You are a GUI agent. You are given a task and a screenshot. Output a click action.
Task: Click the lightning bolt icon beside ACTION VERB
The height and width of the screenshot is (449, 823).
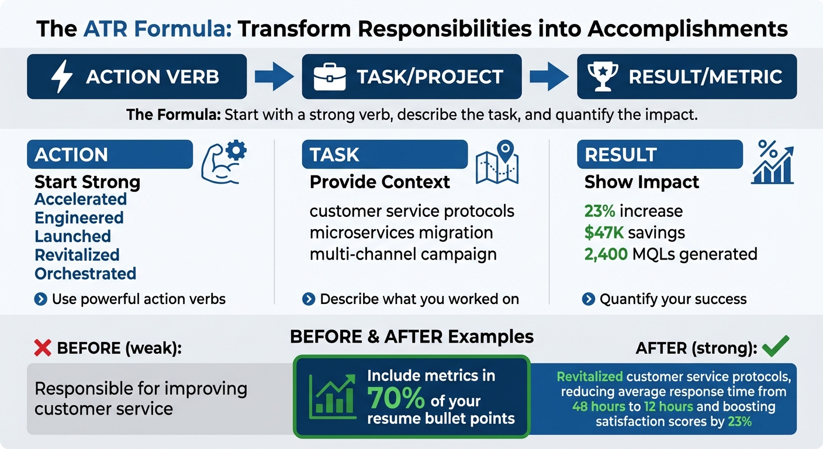tap(61, 77)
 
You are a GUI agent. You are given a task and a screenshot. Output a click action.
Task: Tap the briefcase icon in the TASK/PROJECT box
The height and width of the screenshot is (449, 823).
tap(330, 77)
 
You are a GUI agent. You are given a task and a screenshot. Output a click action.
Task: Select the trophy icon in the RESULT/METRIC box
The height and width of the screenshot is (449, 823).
tap(602, 77)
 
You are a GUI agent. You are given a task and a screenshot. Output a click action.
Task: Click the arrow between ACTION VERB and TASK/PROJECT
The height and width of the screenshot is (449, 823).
tap(274, 77)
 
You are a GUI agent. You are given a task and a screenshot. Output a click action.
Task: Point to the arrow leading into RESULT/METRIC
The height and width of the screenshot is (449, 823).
tap(549, 77)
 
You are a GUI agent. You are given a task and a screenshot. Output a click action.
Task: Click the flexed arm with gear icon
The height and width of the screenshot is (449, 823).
tap(223, 161)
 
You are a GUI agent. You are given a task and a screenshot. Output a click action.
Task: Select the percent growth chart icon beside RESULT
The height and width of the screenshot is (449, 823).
tap(773, 162)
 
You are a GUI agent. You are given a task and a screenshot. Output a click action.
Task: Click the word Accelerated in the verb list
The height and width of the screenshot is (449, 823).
tap(81, 199)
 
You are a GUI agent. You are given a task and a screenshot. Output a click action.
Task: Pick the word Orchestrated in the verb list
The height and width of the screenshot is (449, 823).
tap(85, 274)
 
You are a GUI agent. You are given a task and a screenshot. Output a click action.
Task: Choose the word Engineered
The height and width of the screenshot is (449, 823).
tap(79, 218)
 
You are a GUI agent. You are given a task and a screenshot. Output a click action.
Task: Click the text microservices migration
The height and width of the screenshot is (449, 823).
tap(401, 233)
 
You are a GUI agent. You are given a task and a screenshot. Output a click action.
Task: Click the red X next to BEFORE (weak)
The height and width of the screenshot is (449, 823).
tap(43, 348)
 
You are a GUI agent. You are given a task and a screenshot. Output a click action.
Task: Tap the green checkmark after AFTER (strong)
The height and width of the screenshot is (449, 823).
tap(776, 347)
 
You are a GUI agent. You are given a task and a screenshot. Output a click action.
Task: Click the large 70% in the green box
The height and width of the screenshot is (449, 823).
tap(396, 398)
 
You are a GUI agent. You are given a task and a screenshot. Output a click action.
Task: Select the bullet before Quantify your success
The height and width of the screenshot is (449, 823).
tap(589, 299)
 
